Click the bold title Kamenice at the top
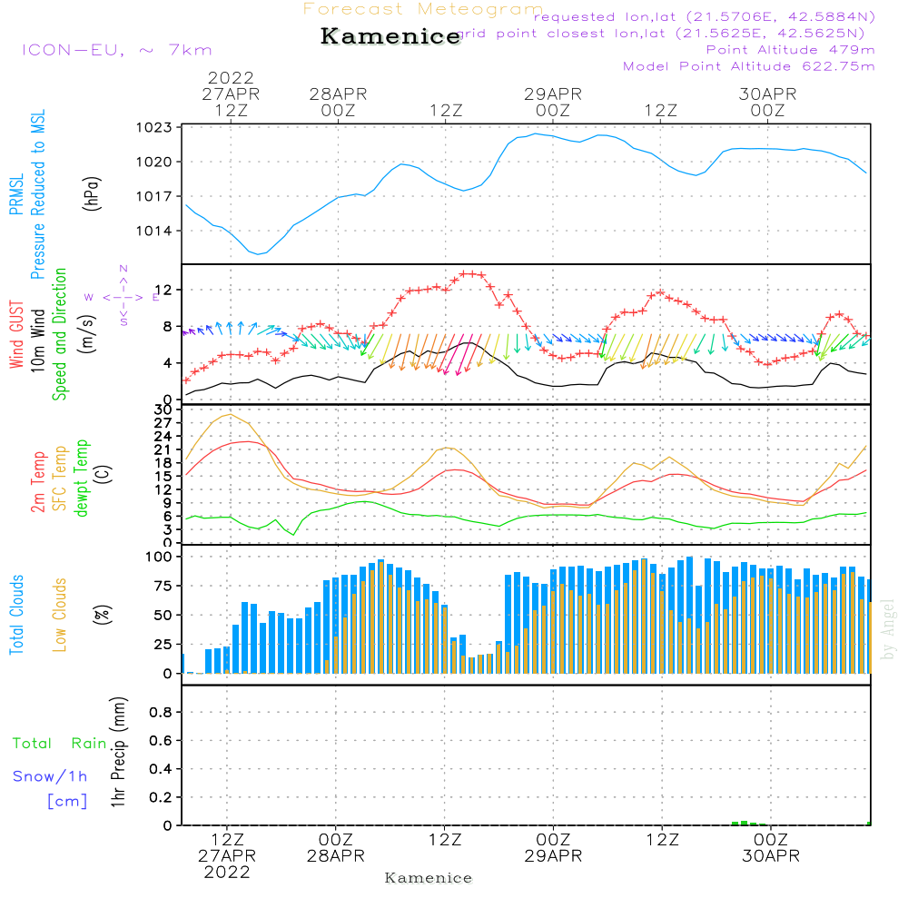(390, 36)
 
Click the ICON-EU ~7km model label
(116, 50)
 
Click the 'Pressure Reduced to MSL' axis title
(38, 195)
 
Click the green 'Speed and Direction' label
(60, 333)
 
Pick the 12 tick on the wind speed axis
(165, 290)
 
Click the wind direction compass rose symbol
(123, 296)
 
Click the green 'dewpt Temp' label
(82, 478)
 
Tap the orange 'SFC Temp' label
(60, 478)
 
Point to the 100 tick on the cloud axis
(159, 556)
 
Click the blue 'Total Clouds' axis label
(16, 614)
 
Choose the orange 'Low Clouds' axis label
(60, 614)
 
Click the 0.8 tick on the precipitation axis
(161, 712)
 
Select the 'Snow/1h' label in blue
(50, 776)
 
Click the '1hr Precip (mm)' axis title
(117, 752)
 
